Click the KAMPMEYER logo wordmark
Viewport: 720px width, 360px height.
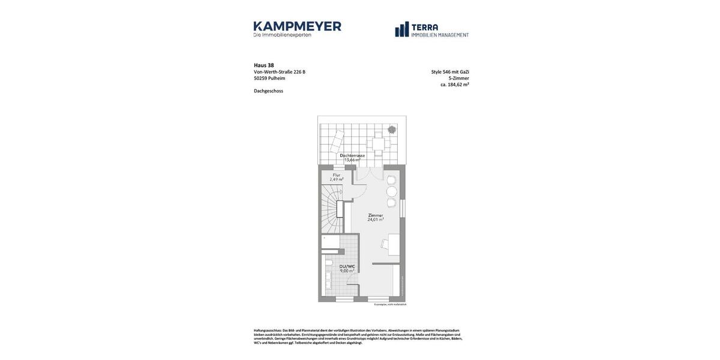tap(297, 26)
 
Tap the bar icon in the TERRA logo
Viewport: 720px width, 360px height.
tap(401, 29)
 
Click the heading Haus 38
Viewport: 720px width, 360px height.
tap(263, 65)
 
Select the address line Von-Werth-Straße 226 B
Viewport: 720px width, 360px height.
tap(279, 72)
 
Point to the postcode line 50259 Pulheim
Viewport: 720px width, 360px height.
tap(269, 79)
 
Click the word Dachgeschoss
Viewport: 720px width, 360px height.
tap(268, 91)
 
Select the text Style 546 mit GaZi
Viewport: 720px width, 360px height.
tap(450, 72)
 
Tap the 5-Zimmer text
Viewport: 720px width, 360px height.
tap(458, 79)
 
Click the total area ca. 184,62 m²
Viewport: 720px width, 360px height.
tap(454, 85)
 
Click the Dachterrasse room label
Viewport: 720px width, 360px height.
tap(352, 155)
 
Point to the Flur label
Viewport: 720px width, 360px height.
tap(337, 175)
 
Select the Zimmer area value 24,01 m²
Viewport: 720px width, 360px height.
tap(376, 220)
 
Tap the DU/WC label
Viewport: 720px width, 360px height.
tap(347, 266)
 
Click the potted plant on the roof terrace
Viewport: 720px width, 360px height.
tap(392, 130)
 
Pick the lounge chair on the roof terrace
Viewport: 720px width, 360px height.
tap(337, 142)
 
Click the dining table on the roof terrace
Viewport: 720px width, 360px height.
tap(378, 144)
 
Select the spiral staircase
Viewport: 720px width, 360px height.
tap(330, 207)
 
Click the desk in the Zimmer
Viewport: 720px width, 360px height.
tap(393, 244)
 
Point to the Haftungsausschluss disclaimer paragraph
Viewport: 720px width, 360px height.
tap(358, 337)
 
